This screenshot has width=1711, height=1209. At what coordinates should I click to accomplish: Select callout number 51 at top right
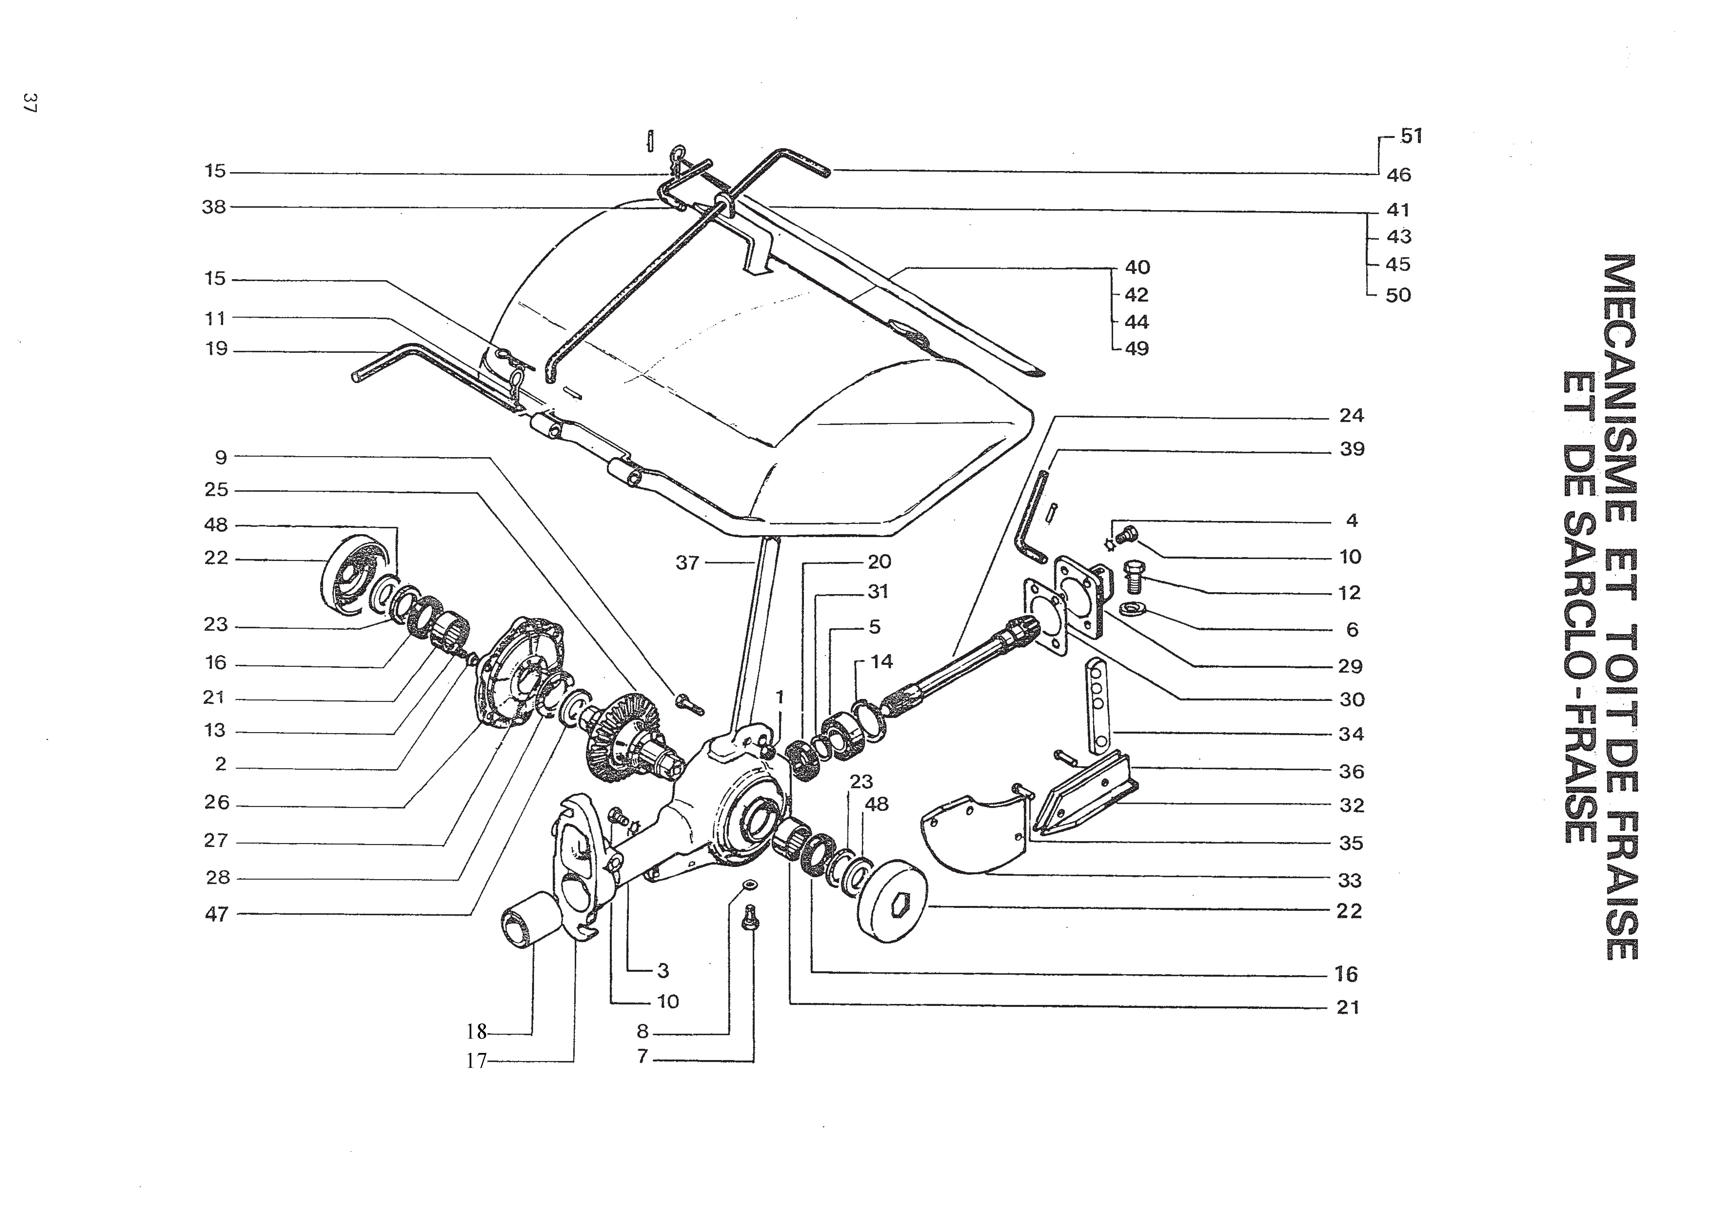click(1411, 136)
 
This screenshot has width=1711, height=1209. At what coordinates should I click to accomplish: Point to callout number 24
click(1351, 416)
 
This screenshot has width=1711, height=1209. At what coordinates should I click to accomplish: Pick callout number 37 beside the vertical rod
click(687, 563)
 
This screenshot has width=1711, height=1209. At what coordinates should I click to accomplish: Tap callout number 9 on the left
click(221, 457)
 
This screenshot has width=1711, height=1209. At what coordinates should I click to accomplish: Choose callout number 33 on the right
click(1350, 881)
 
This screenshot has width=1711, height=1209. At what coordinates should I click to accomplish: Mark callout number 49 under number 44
click(1137, 349)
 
